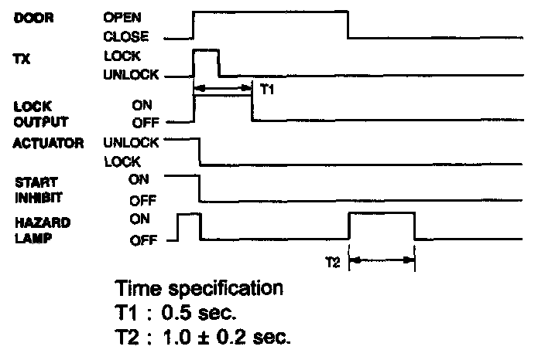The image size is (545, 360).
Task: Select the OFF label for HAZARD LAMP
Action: point(142,239)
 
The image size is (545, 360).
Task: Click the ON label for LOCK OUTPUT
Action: point(140,103)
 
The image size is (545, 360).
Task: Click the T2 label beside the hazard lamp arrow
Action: point(332,261)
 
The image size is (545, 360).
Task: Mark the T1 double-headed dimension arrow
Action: point(223,90)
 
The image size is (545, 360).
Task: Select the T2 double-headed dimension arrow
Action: point(382,261)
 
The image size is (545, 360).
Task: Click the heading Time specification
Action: point(199,289)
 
